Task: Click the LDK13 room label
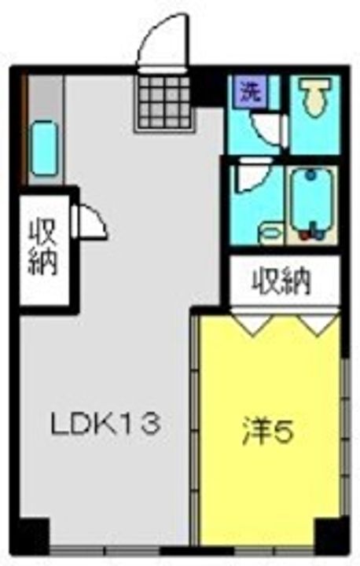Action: pos(105,424)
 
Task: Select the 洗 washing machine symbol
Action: pos(251,92)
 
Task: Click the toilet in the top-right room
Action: pos(315,96)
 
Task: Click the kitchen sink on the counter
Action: pos(44,149)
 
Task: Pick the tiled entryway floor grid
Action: pos(164,102)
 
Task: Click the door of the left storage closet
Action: pos(90,221)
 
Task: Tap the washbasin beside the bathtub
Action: pos(271,233)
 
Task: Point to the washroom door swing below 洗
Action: pos(269,129)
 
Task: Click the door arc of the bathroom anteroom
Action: pos(253,176)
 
